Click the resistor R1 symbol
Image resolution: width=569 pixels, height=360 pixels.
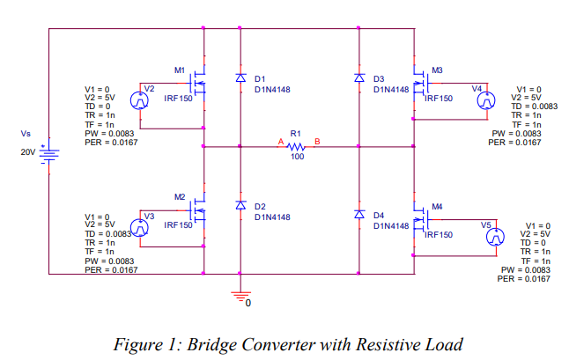[296, 147]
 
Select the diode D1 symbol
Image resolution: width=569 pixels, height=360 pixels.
[240, 78]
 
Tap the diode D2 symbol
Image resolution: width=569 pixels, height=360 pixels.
[240, 204]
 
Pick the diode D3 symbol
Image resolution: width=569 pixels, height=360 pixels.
[359, 78]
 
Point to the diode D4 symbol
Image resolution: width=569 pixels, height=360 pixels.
[359, 215]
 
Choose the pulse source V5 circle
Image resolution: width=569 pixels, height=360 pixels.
[496, 237]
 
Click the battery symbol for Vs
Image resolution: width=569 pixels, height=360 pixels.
[50, 153]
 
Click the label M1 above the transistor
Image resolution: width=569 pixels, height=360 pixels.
[180, 70]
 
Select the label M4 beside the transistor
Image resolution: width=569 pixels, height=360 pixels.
[437, 206]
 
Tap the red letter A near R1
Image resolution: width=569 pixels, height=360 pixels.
[280, 141]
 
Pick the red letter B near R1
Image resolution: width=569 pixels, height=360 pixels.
[317, 141]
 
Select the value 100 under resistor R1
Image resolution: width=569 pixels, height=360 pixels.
[297, 157]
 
